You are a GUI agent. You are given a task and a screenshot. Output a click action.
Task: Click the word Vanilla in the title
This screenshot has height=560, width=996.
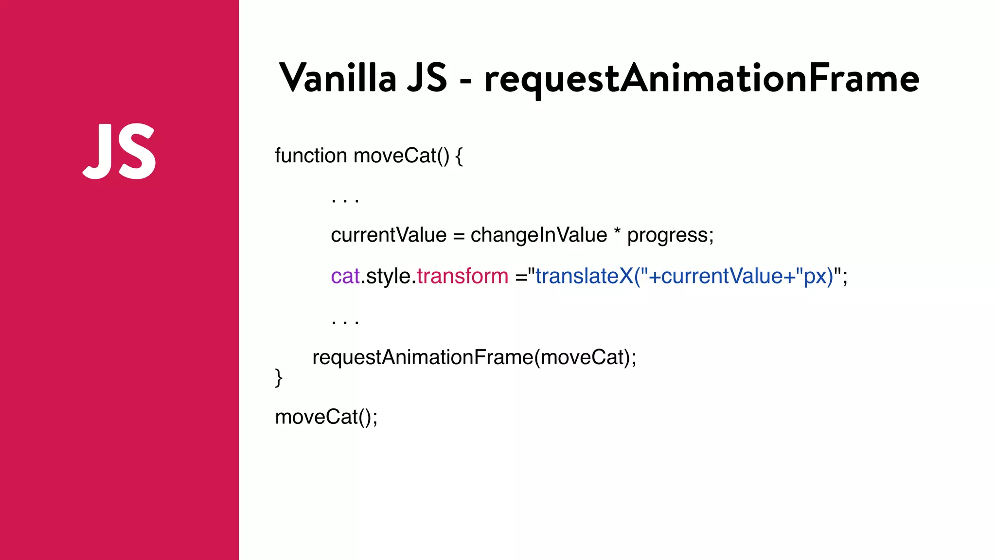tap(338, 78)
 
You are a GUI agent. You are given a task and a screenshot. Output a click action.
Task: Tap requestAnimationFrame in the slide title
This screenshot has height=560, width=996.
tap(701, 79)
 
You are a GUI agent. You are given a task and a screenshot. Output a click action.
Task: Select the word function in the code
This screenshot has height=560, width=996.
tap(311, 156)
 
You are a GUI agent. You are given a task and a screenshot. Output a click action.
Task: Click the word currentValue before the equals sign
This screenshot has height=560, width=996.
tap(388, 235)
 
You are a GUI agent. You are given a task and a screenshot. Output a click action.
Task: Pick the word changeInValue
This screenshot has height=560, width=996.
tap(538, 235)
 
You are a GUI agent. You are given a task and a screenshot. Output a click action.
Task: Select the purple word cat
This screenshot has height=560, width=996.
tap(345, 276)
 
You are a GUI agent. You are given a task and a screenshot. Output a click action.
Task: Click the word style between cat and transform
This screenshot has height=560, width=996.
tap(388, 276)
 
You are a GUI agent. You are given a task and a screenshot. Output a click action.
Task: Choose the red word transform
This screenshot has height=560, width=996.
tap(462, 276)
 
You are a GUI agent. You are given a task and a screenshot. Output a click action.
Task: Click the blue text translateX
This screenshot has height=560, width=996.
tap(584, 276)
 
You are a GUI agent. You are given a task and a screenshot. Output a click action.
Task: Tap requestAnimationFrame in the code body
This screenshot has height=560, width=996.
tap(422, 358)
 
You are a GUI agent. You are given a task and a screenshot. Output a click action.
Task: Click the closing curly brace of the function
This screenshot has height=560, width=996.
tap(279, 378)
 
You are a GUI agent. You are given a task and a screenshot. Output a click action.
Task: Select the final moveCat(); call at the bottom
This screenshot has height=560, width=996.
tap(326, 417)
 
